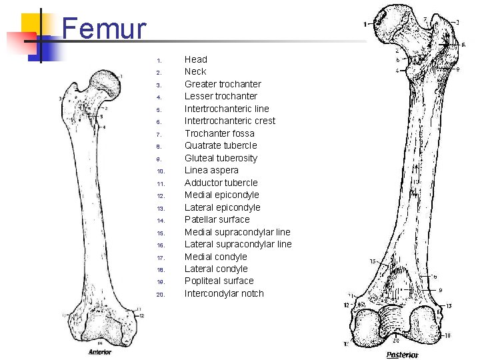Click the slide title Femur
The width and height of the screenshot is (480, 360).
point(103,29)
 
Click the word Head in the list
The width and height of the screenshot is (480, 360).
point(196,59)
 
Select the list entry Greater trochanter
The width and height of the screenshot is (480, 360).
point(223,84)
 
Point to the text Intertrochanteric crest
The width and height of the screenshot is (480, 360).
point(229,121)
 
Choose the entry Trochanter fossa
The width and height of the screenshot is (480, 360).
point(219,133)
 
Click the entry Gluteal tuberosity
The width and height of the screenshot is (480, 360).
point(221,158)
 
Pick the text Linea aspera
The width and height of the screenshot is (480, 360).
point(211,170)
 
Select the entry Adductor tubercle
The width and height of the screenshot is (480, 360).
point(221,183)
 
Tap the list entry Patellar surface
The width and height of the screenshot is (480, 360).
point(217,219)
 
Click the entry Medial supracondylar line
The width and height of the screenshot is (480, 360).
point(237,232)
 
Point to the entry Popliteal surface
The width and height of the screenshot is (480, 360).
point(219,281)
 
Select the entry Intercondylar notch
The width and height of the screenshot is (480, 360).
point(224,293)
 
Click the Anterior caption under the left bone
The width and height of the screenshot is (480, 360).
point(100,352)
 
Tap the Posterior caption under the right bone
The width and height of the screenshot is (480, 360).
point(402,355)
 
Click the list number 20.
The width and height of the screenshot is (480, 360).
point(159,295)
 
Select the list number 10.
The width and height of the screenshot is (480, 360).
point(159,171)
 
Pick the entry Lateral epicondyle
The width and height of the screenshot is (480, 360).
point(222,207)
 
